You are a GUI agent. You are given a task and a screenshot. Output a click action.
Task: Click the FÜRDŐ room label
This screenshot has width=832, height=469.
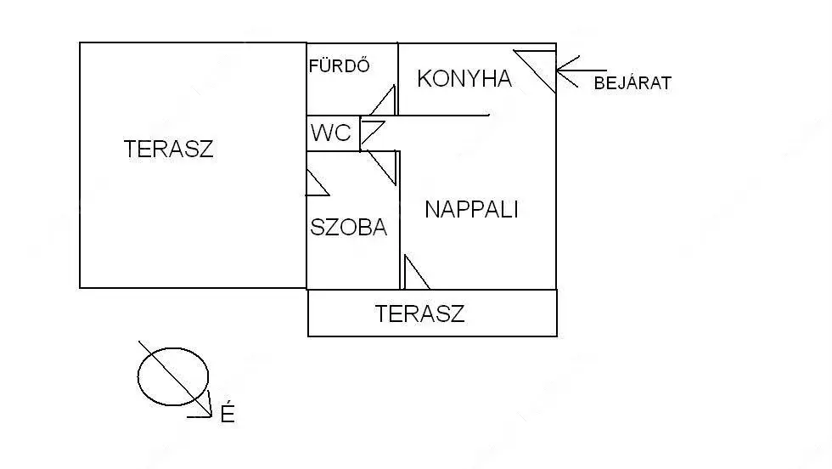[x=340, y=65]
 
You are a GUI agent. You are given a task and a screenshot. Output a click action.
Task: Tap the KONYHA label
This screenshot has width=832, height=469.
[x=464, y=79]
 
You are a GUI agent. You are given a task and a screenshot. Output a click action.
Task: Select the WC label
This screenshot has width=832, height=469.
[x=330, y=133]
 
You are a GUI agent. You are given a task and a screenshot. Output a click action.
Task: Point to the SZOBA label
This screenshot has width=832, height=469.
[x=349, y=227]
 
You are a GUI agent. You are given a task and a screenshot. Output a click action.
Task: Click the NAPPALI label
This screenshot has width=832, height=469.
[x=471, y=209]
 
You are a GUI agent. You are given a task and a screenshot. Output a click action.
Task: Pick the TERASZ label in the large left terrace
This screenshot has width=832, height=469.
[x=168, y=150]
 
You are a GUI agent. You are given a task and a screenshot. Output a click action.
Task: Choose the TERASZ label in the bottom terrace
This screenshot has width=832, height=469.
[x=419, y=314]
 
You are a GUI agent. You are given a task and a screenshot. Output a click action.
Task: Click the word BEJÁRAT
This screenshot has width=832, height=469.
[x=632, y=83]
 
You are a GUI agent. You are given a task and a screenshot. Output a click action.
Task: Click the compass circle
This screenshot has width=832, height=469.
[x=173, y=375]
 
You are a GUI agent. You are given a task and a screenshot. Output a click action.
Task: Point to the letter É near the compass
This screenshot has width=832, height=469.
[x=227, y=415]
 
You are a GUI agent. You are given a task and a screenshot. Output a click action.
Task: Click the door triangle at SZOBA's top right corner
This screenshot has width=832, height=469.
[x=385, y=167]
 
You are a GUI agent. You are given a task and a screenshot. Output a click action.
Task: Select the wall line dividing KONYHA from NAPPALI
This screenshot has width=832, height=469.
[x=443, y=116]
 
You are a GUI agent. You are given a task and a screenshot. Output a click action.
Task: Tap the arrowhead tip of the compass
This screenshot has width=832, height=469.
[x=211, y=415]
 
